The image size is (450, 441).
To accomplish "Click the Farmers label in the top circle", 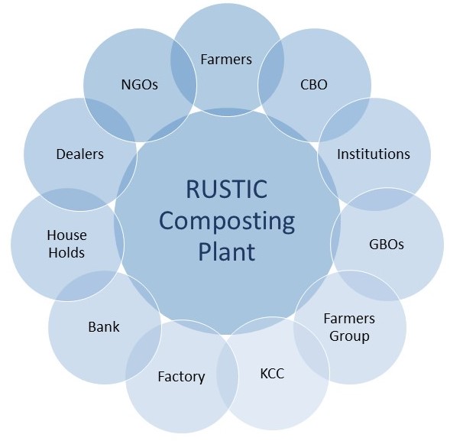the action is (x=226, y=60).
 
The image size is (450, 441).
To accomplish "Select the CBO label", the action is (x=314, y=84).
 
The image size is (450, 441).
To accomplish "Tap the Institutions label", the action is (x=374, y=154).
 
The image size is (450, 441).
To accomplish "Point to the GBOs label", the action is (x=387, y=245).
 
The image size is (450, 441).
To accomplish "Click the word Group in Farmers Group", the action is (x=349, y=336).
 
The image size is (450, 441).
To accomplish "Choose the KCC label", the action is (x=272, y=374).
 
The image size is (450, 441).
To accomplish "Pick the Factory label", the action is (x=181, y=378).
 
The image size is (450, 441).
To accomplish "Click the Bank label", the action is (x=104, y=326).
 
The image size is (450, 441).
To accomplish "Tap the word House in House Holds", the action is (x=67, y=235).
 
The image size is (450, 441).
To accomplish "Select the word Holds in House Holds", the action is (x=66, y=253).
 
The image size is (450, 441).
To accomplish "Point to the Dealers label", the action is (x=79, y=154).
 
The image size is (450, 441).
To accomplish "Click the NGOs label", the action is (x=140, y=84).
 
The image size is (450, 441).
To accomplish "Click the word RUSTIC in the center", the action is (x=226, y=189).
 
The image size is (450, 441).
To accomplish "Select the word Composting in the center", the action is (x=227, y=222).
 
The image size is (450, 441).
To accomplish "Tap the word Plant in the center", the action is (x=227, y=251).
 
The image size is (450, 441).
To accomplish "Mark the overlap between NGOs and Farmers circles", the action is (x=183, y=73).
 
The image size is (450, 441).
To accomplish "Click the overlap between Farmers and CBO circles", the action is (x=271, y=73).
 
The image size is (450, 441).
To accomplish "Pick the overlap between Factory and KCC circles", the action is (x=228, y=376).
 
